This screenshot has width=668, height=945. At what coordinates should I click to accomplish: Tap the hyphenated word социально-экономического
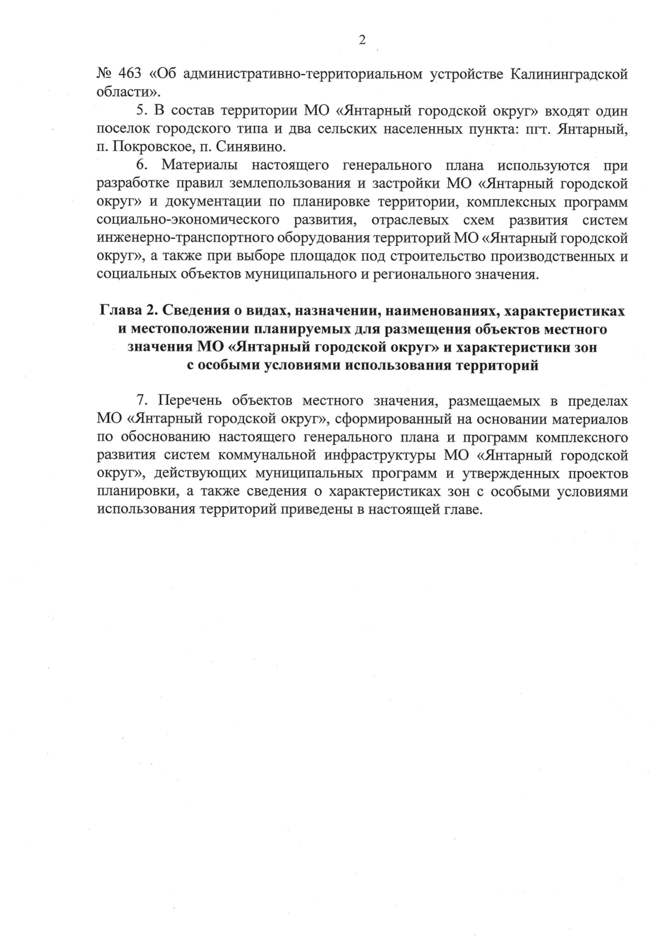[x=193, y=221]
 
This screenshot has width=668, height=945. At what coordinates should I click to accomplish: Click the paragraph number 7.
[x=141, y=401]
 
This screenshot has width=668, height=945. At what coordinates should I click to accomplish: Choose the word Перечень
[x=190, y=401]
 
